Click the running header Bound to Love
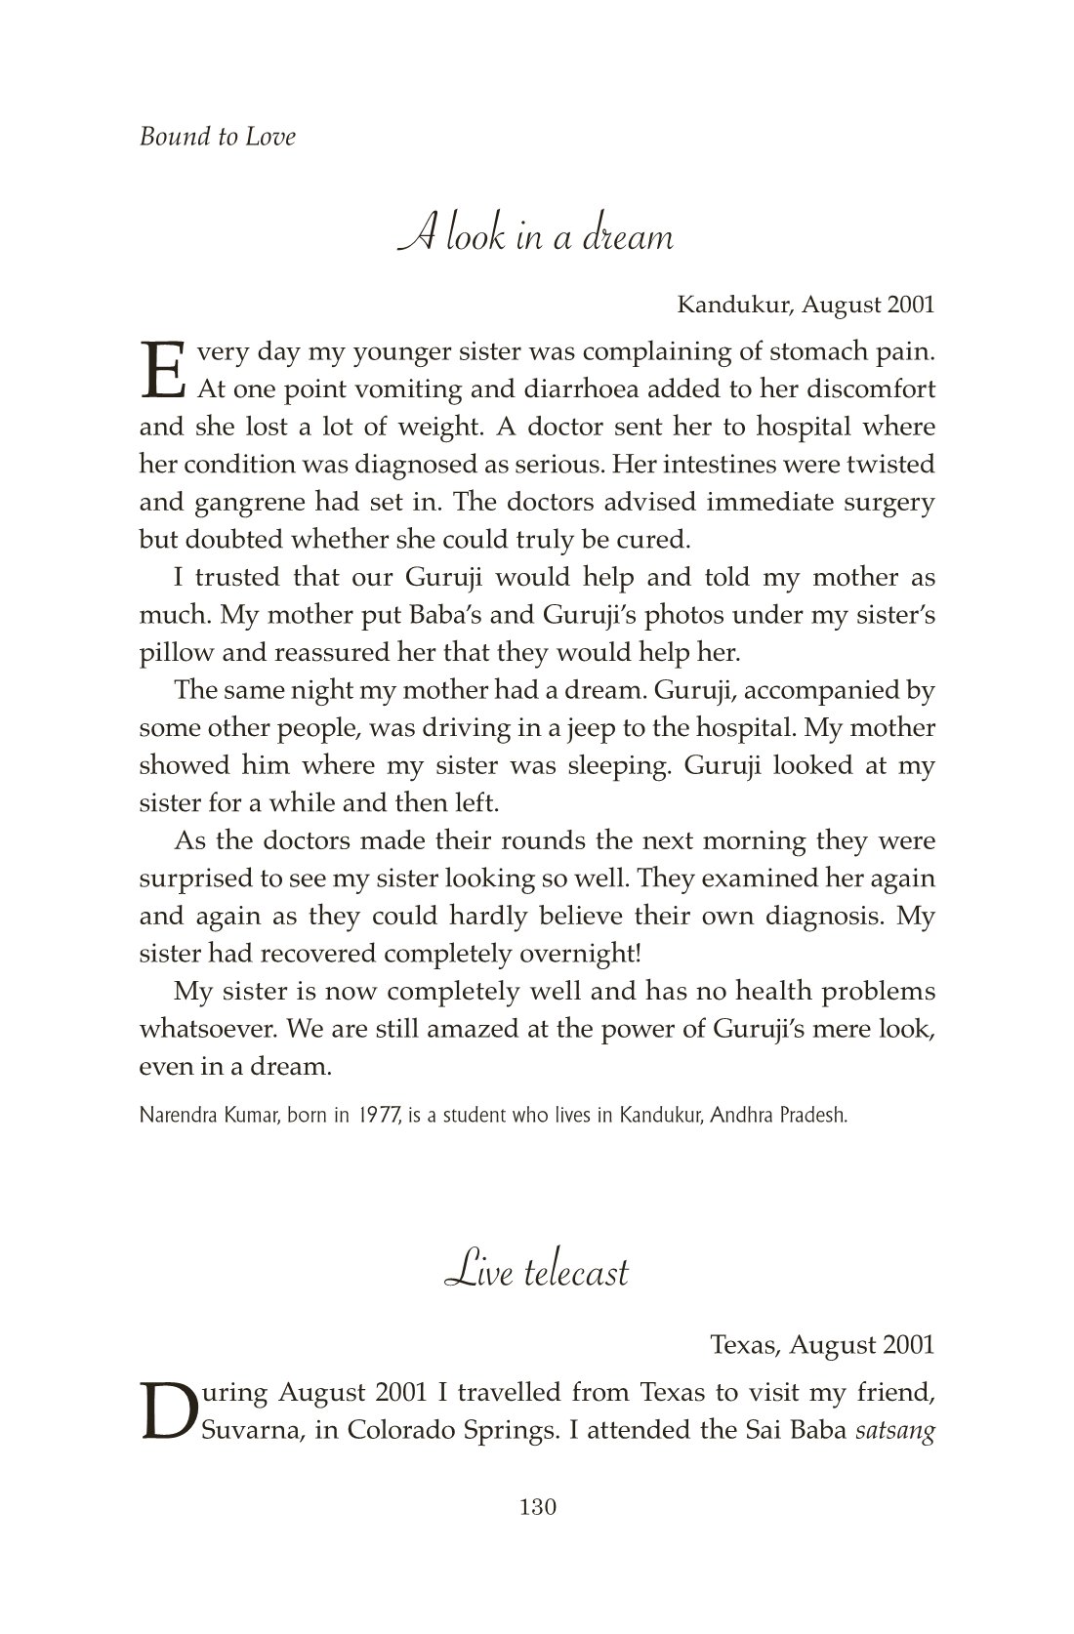click(x=217, y=137)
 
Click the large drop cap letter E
click(x=162, y=370)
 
